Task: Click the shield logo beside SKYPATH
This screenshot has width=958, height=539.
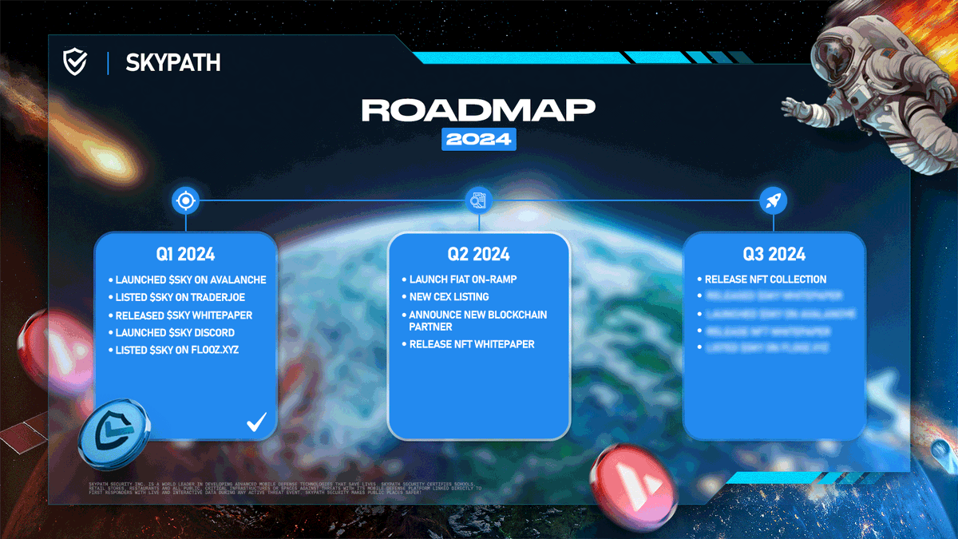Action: click(75, 61)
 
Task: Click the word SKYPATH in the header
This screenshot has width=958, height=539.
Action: click(172, 62)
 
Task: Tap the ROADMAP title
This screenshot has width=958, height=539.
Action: click(478, 111)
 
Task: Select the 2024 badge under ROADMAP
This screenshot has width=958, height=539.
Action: click(478, 139)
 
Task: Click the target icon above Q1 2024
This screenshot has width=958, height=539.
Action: click(185, 200)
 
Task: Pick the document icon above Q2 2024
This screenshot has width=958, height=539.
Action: click(479, 200)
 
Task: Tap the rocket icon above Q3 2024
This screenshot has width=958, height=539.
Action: click(774, 200)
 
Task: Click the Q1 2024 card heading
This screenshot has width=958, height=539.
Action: click(185, 255)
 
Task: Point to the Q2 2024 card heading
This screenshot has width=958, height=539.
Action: click(478, 255)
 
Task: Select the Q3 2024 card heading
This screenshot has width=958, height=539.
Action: click(774, 255)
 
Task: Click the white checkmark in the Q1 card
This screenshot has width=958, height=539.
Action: click(256, 422)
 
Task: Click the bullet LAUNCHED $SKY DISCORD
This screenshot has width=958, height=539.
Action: click(175, 332)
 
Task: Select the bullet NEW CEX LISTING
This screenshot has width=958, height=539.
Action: click(449, 297)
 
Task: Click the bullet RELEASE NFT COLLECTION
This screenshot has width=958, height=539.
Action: click(766, 279)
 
